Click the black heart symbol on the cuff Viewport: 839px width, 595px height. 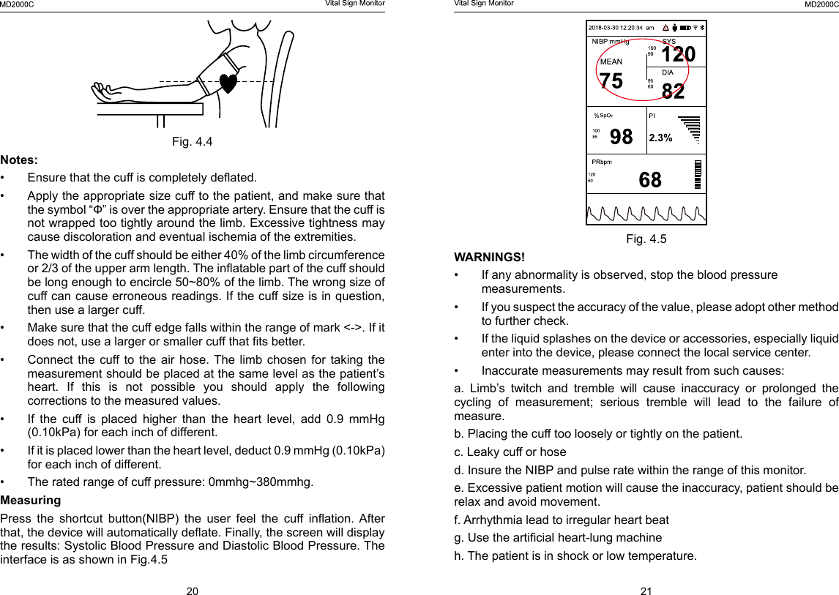click(229, 83)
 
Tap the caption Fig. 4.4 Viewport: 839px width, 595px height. click(192, 141)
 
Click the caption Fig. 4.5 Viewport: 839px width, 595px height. click(646, 239)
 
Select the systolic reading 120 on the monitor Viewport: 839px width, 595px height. click(678, 55)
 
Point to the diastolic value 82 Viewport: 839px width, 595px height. click(674, 91)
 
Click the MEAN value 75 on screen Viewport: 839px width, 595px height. click(611, 81)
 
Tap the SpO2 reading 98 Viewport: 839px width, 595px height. click(621, 137)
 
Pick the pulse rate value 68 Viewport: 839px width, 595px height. click(649, 179)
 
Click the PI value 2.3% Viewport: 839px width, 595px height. click(661, 137)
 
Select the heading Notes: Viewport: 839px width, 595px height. click(20, 160)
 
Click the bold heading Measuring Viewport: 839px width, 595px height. click(31, 501)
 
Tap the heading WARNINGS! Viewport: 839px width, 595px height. click(489, 257)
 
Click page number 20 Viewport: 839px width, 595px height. click(192, 591)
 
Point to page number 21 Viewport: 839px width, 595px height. click(646, 591)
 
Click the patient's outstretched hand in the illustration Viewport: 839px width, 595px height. click(106, 91)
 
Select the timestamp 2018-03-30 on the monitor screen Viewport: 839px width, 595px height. click(606, 27)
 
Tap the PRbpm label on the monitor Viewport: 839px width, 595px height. click(602, 162)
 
